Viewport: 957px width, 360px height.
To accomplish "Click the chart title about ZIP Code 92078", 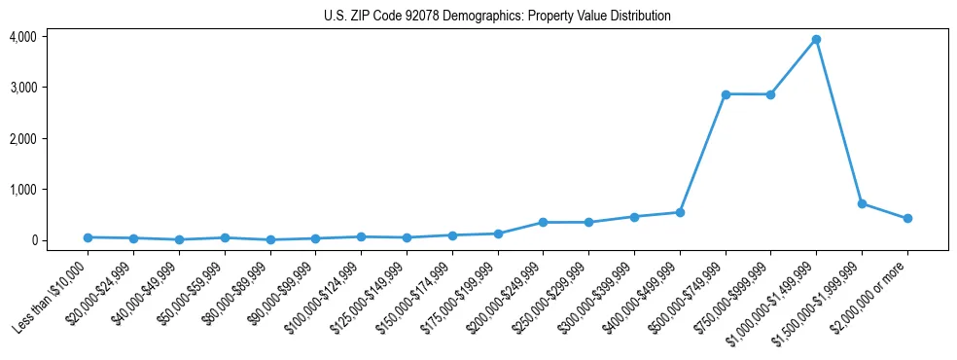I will pos(497,17).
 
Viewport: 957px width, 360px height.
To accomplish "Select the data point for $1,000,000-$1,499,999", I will pos(816,39).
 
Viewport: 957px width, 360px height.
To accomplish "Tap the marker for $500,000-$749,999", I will pos(725,94).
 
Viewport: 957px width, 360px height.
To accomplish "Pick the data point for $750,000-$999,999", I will pos(770,94).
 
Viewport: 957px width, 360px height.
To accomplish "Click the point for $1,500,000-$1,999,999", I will pos(862,203).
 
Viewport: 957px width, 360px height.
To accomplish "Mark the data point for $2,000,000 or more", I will pos(907,218).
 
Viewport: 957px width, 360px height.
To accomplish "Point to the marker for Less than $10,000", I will pos(88,237).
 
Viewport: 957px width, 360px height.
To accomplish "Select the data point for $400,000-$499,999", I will pos(680,212).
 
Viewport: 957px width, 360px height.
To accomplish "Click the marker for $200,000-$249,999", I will pos(543,223).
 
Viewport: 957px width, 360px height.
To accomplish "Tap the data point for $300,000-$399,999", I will pos(634,217).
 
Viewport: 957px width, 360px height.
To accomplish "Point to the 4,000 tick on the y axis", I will pos(23,37).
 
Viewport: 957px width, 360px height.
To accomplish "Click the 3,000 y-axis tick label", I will pos(23,88).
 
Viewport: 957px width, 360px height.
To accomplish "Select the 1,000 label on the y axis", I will pos(23,190).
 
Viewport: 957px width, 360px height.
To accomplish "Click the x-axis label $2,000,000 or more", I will pos(873,292).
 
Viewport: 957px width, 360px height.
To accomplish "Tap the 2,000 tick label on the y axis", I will pos(23,139).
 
